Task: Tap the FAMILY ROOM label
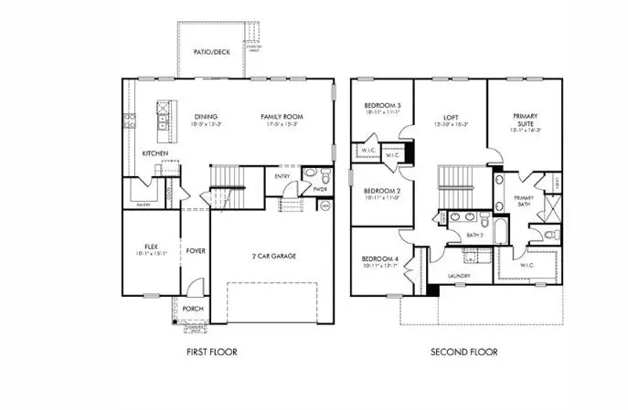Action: point(281,117)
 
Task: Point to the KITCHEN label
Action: point(154,153)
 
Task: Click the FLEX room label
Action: point(152,247)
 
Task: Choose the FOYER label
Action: point(196,249)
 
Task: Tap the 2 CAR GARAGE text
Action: point(271,256)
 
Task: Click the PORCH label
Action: point(192,309)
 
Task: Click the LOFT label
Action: point(449,118)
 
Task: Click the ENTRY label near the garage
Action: point(281,177)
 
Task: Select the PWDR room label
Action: point(320,190)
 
